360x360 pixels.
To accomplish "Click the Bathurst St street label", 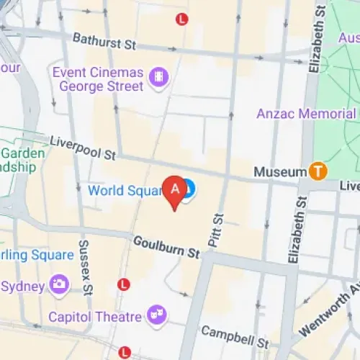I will [104, 44].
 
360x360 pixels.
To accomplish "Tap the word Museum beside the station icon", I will [280, 172].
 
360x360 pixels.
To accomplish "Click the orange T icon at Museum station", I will [318, 171].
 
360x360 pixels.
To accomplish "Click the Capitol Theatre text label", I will [94, 317].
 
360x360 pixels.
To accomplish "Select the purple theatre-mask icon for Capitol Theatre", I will [156, 315].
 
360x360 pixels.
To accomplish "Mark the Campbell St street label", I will [235, 333].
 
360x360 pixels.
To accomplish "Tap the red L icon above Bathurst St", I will [181, 19].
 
